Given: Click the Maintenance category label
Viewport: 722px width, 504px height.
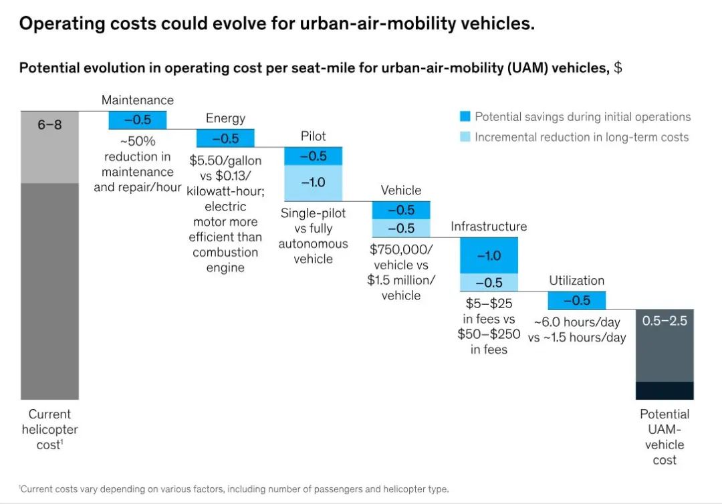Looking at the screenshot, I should (137, 100).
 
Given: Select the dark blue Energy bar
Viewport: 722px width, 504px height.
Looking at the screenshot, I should (225, 138).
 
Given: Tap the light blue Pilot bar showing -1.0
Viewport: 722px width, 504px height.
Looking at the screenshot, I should (313, 182).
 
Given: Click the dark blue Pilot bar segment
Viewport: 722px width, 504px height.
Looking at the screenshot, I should (313, 156).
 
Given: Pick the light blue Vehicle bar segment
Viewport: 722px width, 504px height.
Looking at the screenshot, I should (401, 228).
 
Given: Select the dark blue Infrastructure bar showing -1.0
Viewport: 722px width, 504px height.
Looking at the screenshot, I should (489, 255).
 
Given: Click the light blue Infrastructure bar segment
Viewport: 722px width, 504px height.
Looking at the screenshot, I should (489, 282).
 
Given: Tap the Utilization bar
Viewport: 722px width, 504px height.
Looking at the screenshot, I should (577, 300).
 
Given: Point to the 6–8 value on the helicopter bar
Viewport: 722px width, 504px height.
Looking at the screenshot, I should (49, 124).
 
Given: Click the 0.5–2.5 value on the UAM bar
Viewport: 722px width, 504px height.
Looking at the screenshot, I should (665, 321).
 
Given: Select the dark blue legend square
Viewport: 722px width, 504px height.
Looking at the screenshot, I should (465, 117).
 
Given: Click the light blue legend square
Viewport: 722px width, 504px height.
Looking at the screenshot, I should (465, 137).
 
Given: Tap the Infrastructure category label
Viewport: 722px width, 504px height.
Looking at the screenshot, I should (489, 227).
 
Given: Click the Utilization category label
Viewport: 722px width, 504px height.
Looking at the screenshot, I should (576, 281).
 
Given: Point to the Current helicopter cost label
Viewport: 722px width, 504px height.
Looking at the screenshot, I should (49, 429).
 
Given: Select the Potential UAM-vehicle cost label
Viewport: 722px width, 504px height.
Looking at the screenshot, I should (665, 436).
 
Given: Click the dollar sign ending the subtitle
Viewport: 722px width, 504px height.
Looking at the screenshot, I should (618, 68).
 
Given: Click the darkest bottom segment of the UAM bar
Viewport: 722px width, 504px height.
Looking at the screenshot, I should (665, 390).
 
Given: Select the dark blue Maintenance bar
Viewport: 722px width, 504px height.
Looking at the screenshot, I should (137, 120).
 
